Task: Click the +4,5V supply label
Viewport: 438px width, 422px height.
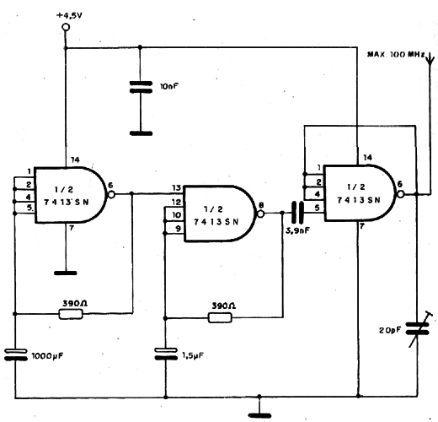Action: pos(70,16)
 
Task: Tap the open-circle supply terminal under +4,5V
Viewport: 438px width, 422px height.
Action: pos(66,27)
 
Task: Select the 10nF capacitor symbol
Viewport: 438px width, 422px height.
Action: pos(141,87)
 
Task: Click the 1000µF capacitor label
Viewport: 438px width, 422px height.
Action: pos(47,356)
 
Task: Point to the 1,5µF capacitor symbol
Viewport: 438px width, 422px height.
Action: pos(166,354)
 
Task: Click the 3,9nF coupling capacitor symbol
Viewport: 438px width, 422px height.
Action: pos(297,213)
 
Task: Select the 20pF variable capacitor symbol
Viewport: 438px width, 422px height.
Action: pos(418,328)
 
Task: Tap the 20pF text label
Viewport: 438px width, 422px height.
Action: pos(390,330)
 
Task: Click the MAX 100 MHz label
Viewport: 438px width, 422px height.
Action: pos(396,54)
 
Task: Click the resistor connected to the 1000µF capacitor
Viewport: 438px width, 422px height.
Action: pos(71,314)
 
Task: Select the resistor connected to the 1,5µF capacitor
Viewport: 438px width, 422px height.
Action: pos(220,317)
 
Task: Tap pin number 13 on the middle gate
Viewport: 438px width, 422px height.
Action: pos(176,187)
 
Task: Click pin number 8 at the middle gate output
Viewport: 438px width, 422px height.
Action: pos(261,206)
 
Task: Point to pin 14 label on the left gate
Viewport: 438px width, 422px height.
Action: pos(75,160)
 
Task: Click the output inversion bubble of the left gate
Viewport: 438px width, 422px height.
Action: pos(111,194)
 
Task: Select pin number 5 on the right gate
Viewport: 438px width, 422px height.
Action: pos(317,208)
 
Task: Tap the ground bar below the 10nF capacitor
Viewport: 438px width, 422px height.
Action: pos(141,133)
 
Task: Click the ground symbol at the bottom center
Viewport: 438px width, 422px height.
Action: pos(260,415)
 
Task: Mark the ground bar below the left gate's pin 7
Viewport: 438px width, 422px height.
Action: pos(65,273)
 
